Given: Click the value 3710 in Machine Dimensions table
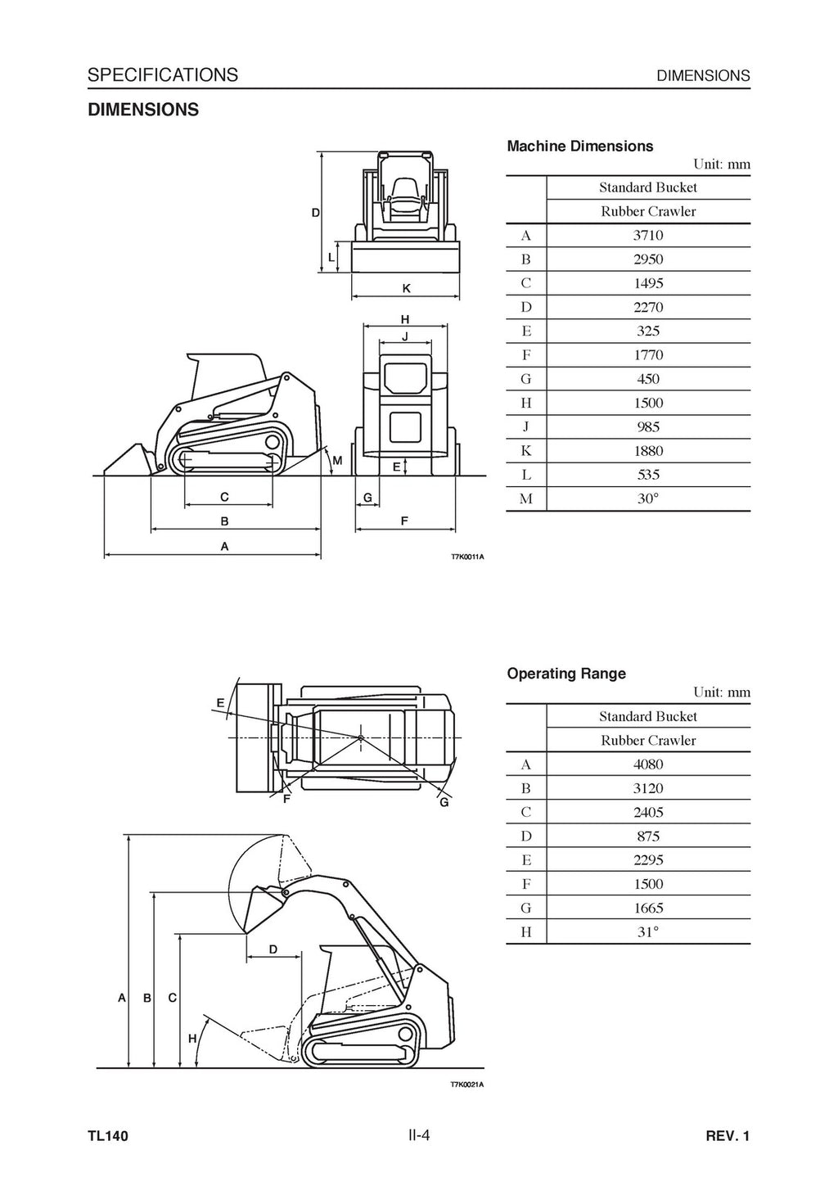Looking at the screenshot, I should click(648, 236).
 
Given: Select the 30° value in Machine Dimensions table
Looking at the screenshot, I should click(648, 498).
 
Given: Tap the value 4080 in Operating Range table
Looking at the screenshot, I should click(648, 764).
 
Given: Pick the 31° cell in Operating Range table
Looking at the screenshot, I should click(648, 931).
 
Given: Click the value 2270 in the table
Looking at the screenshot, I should click(648, 308).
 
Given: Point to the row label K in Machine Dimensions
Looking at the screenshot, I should click(526, 451).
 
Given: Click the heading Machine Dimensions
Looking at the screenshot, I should click(580, 147).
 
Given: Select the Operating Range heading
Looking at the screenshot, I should click(566, 674).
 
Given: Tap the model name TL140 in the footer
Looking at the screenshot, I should click(108, 1136).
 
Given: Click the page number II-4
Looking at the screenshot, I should click(419, 1135).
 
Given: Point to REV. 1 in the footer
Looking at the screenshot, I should click(728, 1136).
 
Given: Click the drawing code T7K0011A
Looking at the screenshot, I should click(467, 557).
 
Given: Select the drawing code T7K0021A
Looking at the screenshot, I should click(467, 1085).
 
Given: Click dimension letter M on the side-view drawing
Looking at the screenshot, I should click(337, 461).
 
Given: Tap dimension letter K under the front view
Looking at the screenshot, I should click(406, 289).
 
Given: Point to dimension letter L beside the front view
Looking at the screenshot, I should click(331, 257).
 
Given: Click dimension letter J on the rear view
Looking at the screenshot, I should click(404, 336).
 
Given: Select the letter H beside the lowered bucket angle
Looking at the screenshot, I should click(192, 1039).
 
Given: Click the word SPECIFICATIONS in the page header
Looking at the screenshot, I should click(163, 75).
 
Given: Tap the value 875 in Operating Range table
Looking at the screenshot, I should click(648, 837).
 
